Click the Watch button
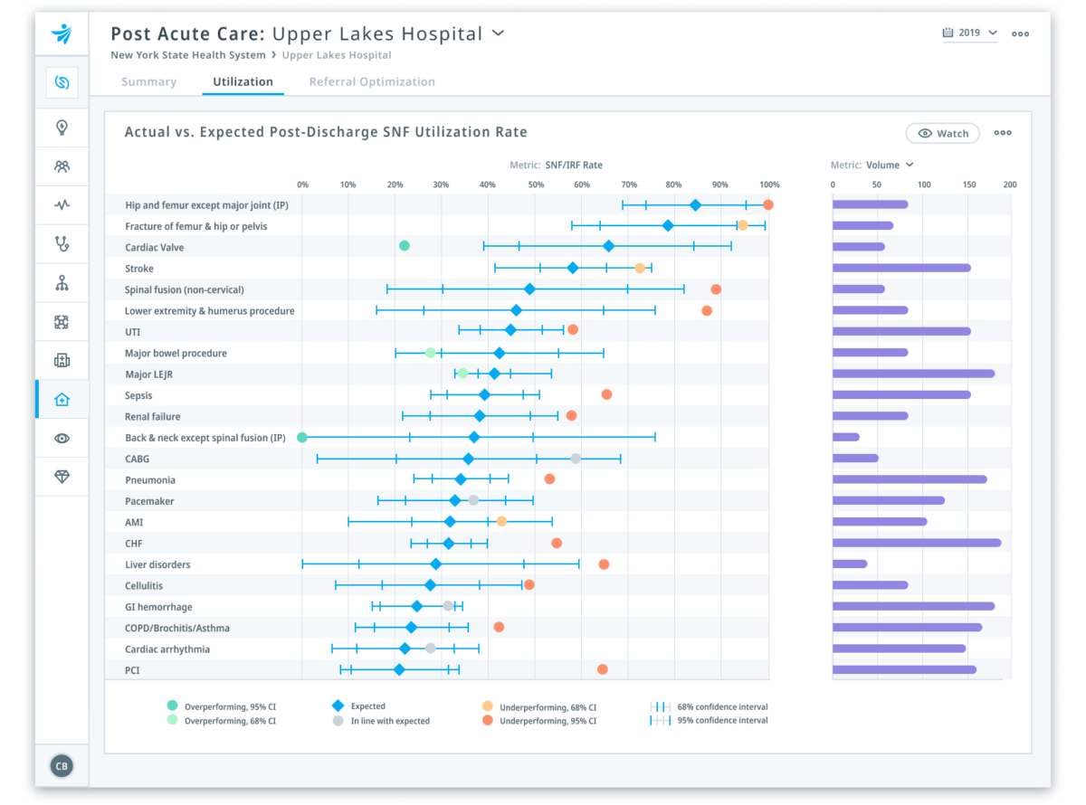pyautogui.click(x=943, y=133)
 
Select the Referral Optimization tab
pyautogui.click(x=372, y=81)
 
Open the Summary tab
pyautogui.click(x=148, y=81)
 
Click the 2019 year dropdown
pyautogui.click(x=969, y=33)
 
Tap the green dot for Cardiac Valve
pyautogui.click(x=405, y=246)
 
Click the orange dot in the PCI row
pyautogui.click(x=602, y=669)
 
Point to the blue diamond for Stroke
pyautogui.click(x=573, y=268)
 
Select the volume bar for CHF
pyautogui.click(x=916, y=543)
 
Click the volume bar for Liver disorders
pyautogui.click(x=850, y=564)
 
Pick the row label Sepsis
pyautogui.click(x=138, y=395)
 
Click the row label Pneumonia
pyautogui.click(x=149, y=480)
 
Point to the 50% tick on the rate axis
pyautogui.click(x=536, y=185)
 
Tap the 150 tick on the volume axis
pyautogui.click(x=969, y=185)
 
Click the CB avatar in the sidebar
pyautogui.click(x=62, y=766)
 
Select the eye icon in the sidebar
pyautogui.click(x=62, y=439)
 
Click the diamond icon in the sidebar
pyautogui.click(x=62, y=478)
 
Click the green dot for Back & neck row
pyautogui.click(x=302, y=438)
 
